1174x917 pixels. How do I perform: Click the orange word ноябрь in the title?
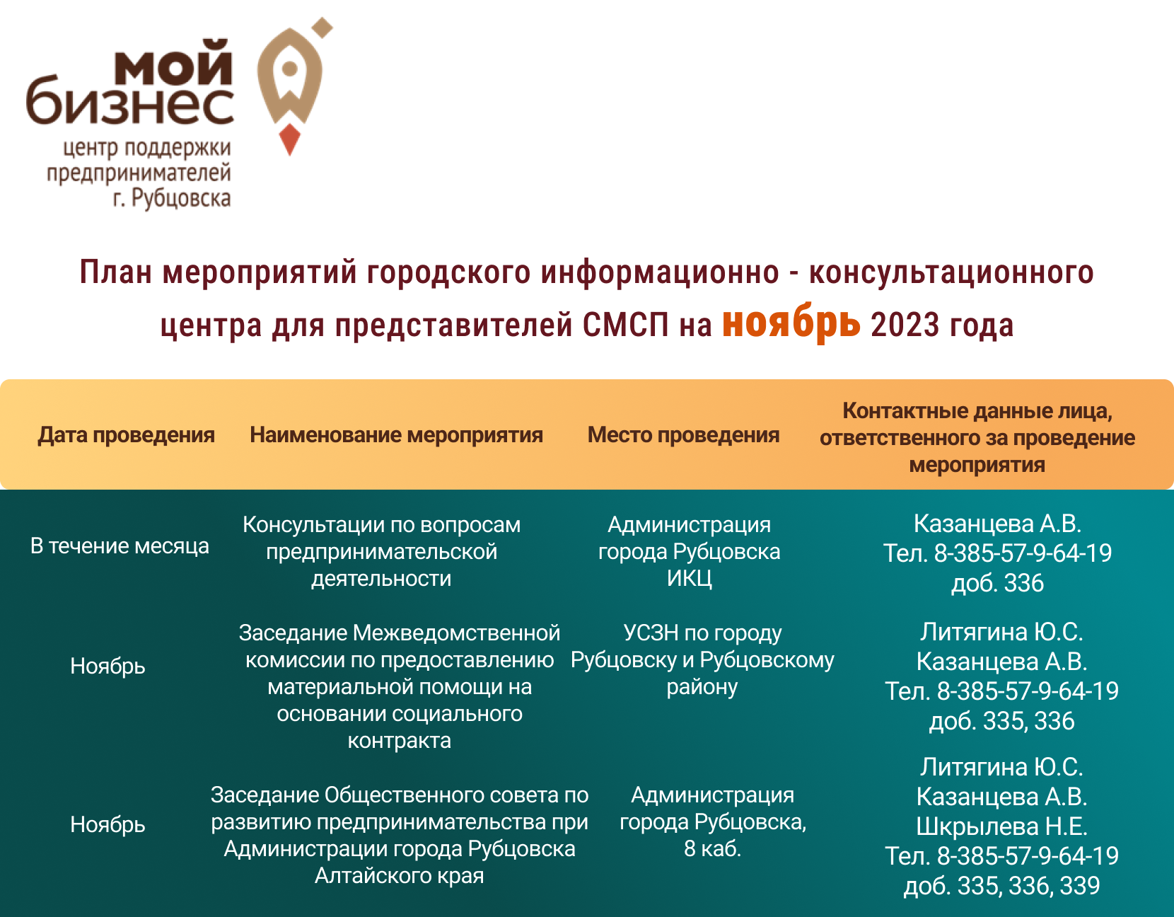point(791,323)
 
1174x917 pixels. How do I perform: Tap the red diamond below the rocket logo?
point(290,139)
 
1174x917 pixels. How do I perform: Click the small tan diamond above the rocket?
point(324,28)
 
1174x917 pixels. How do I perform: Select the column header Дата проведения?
point(126,435)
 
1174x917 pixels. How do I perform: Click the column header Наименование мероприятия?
point(396,435)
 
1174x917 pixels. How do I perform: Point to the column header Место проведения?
point(683,435)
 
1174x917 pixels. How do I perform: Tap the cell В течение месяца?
point(120,546)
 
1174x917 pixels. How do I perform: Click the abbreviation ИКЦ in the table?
point(689,578)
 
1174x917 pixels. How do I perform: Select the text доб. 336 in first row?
point(997,583)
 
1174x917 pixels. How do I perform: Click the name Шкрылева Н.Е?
point(1001,826)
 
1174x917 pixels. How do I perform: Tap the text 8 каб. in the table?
point(713,848)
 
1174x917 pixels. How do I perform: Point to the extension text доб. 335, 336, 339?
point(1001,886)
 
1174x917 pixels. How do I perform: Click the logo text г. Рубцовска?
point(172,198)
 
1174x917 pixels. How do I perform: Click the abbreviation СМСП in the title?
point(626,325)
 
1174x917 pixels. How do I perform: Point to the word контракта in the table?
point(400,740)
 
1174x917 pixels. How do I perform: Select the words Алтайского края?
point(400,875)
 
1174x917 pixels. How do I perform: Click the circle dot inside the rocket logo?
point(290,69)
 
